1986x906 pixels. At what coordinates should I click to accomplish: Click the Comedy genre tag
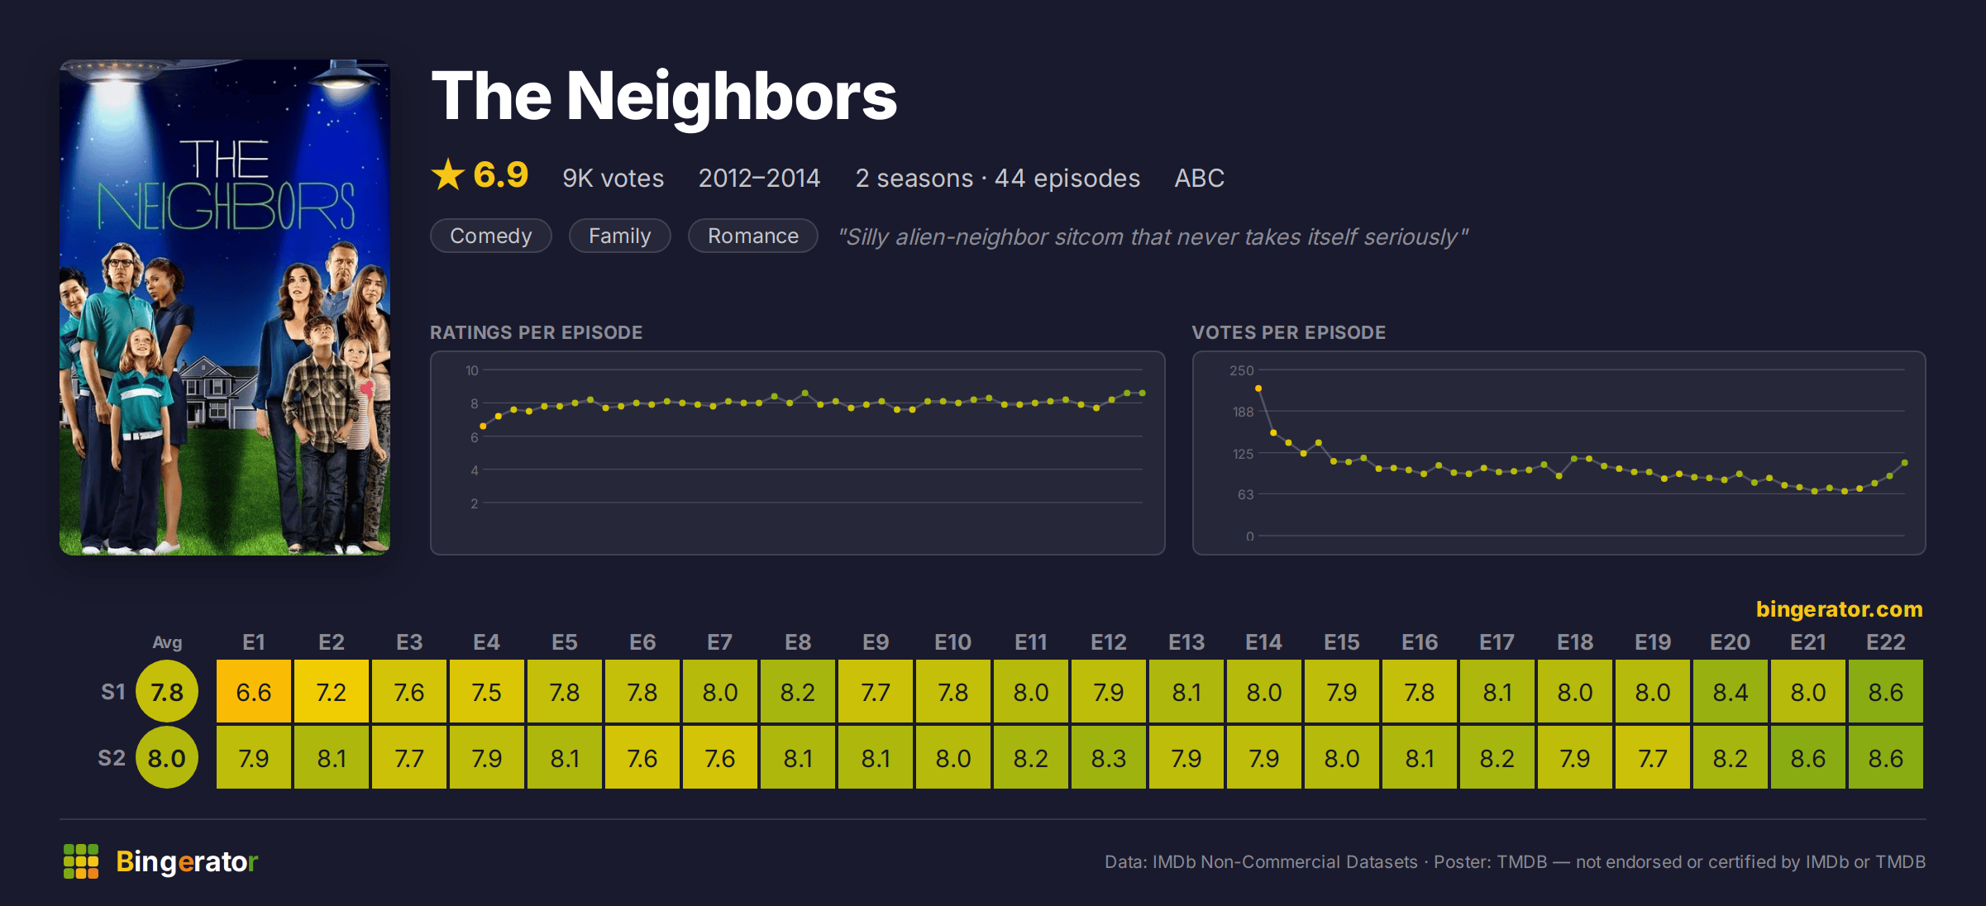pos(491,236)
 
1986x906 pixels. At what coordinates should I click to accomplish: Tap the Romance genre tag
pos(752,236)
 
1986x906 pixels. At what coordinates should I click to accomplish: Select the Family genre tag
pos(619,236)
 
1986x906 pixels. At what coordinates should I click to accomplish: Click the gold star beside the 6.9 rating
pos(448,174)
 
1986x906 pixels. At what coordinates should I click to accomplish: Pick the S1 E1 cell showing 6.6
pos(254,692)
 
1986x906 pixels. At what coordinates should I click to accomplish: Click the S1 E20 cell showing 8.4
pos(1731,692)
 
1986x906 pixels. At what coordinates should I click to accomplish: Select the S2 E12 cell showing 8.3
pos(1109,758)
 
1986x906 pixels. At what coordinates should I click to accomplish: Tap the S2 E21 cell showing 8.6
pos(1808,758)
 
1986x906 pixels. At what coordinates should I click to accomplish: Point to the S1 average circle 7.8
pos(167,692)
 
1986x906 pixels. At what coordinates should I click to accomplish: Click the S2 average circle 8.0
pos(167,758)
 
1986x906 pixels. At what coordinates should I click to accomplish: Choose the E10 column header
pos(952,642)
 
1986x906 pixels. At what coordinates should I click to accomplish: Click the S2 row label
pos(112,758)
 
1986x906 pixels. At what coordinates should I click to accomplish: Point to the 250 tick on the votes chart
pos(1241,370)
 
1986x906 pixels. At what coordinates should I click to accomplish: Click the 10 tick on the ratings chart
pos(471,370)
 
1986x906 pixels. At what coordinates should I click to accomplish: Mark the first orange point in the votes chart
pos(1258,389)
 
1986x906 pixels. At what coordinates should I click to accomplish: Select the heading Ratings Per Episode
pos(536,332)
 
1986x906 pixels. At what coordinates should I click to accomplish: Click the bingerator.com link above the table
pos(1840,609)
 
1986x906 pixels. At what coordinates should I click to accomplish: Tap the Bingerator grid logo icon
pos(81,861)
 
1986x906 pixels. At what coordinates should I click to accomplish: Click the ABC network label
pos(1199,178)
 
